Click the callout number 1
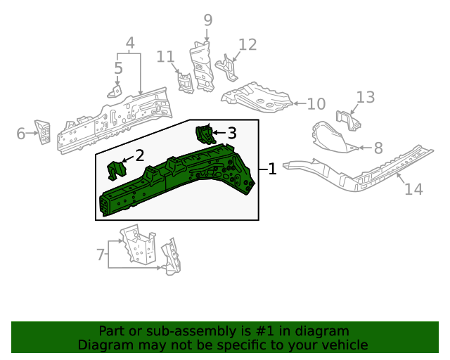272,169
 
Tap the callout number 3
231,132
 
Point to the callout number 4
130,44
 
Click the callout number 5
118,68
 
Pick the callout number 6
21,133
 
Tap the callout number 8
378,148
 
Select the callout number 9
208,20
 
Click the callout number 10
316,104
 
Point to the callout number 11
165,56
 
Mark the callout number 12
247,45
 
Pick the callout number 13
366,96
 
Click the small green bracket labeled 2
115,170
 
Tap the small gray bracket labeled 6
44,131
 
